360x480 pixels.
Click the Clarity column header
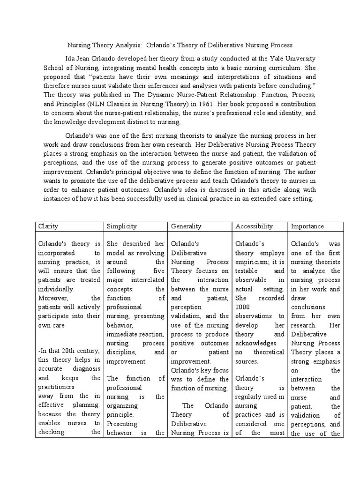[48, 226]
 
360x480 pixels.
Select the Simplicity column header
[121, 226]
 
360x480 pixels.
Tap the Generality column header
[186, 226]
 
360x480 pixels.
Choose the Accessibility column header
[254, 226]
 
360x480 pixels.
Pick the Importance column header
[307, 226]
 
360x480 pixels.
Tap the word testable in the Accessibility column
[246, 271]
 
